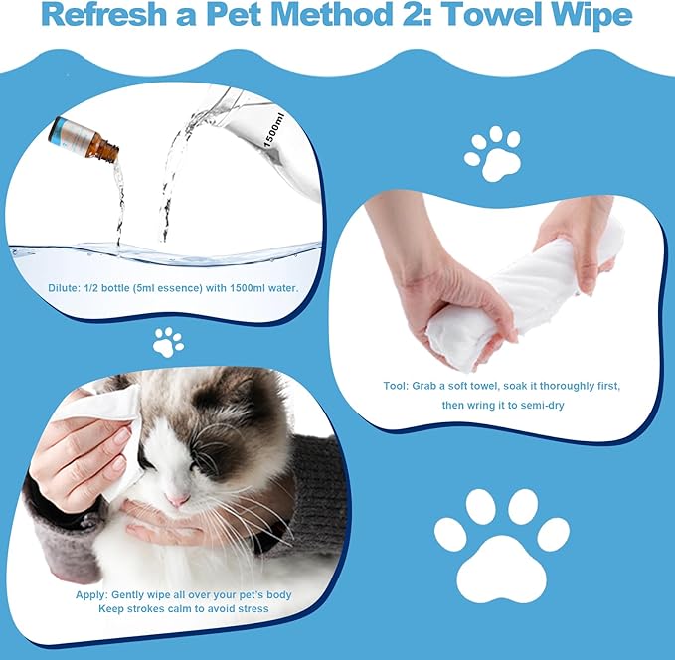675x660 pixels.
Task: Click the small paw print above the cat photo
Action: [168, 342]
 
